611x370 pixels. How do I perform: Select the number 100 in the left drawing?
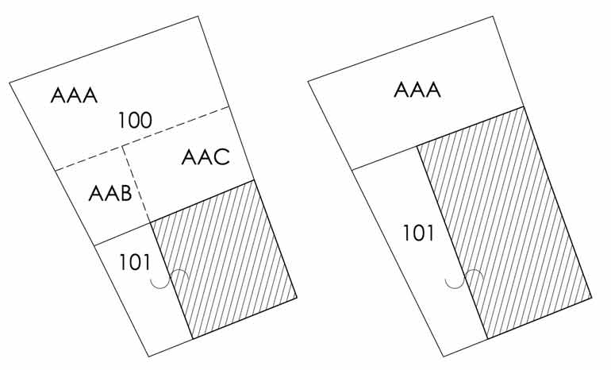[x=134, y=121]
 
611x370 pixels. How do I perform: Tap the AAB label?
[x=110, y=193]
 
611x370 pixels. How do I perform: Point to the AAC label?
[x=205, y=157]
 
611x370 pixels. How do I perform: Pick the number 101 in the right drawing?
[x=417, y=234]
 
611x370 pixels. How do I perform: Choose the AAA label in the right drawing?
[x=417, y=90]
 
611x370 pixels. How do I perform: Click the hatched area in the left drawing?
[x=226, y=254]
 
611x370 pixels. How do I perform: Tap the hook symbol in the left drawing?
[x=170, y=279]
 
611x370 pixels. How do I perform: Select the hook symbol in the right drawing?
[x=464, y=279]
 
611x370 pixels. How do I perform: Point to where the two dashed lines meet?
[x=123, y=145]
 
